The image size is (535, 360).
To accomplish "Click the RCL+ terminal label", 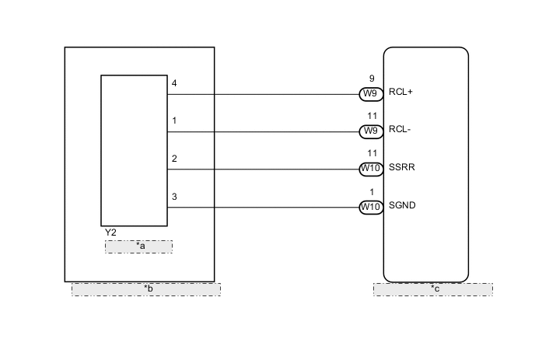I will pos(401,92).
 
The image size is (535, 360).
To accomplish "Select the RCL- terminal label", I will pos(400,130).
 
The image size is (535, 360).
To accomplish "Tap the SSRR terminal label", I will pos(403,167).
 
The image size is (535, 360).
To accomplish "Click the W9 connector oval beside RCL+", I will pos(369,93).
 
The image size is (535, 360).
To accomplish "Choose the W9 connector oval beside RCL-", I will pos(369,131).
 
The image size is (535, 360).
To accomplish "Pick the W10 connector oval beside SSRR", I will pos(369,168).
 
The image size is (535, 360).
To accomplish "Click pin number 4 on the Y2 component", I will pos(174,83).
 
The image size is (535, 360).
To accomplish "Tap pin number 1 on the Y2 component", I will pos(174,121).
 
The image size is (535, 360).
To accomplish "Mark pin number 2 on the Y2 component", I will pos(174,159).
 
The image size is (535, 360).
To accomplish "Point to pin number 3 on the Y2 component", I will pos(174,197).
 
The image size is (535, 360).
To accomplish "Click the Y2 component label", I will pos(110,232).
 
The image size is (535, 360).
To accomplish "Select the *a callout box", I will pos(139,246).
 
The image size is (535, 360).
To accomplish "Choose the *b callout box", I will pos(146,289).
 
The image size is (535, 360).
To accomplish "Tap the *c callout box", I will pos(432,289).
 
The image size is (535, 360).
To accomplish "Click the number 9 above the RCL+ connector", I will pos(372,79).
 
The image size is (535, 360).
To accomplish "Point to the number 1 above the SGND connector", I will pos(372,192).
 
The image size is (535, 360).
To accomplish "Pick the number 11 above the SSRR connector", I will pos(372,154).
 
